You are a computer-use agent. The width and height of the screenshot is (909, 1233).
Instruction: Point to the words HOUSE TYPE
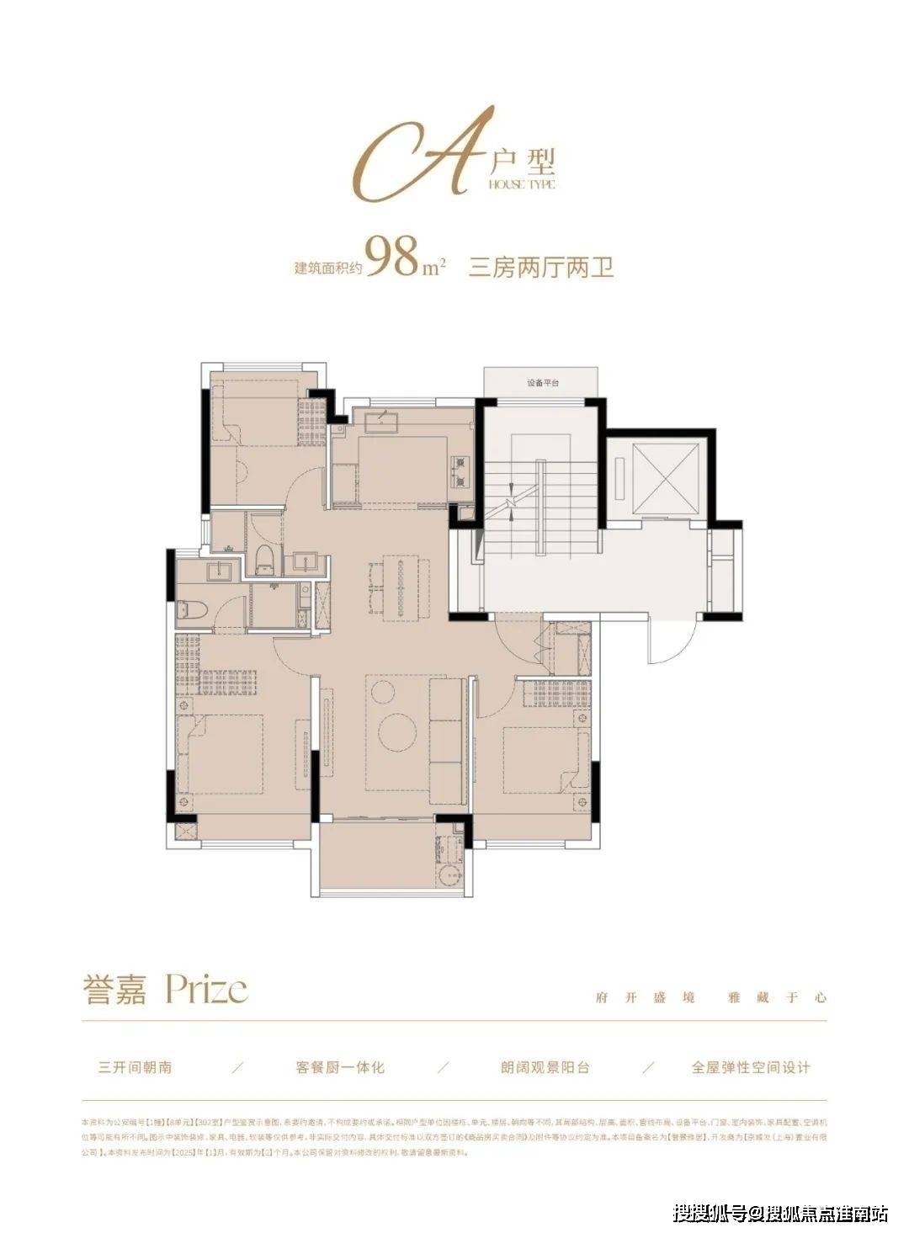pyautogui.click(x=521, y=184)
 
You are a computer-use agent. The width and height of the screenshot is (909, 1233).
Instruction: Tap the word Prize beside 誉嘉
pyautogui.click(x=207, y=989)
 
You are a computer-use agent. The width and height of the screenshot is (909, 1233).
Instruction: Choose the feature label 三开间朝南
pyautogui.click(x=135, y=1067)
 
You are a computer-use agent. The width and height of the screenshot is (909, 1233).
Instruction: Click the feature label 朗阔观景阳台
pyautogui.click(x=545, y=1067)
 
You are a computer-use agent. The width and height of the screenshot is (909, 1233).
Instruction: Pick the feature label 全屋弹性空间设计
pyautogui.click(x=751, y=1067)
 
